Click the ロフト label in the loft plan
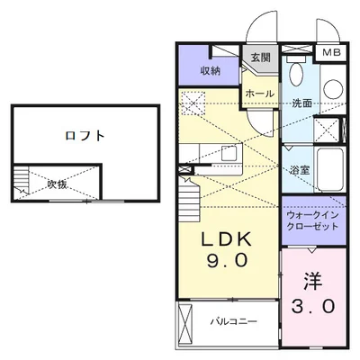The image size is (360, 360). pyautogui.click(x=85, y=137)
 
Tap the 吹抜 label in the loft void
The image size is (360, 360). pyautogui.click(x=58, y=184)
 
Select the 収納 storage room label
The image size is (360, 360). pyautogui.click(x=211, y=70)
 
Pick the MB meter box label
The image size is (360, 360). pyautogui.click(x=332, y=53)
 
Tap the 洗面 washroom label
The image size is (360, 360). pyautogui.click(x=301, y=103)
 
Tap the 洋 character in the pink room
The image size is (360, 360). pyautogui.click(x=312, y=280)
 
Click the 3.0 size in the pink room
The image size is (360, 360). pyautogui.click(x=312, y=306)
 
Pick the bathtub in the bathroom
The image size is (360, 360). pyautogui.click(x=330, y=167)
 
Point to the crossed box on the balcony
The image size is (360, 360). pyautogui.click(x=186, y=321)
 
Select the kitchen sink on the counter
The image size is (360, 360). pyautogui.click(x=227, y=152)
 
